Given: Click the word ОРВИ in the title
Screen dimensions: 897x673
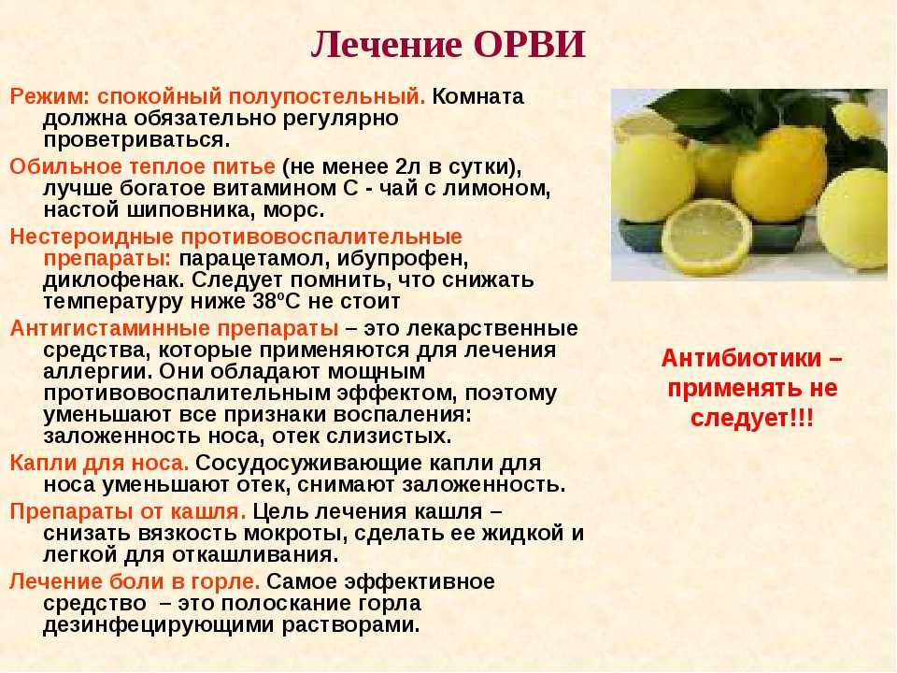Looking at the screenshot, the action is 530,45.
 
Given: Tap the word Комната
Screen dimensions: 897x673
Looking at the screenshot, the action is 477,96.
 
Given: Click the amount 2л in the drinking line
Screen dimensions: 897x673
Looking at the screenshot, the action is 406,166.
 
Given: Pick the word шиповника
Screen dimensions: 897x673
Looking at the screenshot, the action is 191,210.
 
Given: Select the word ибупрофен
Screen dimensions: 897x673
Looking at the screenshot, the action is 402,259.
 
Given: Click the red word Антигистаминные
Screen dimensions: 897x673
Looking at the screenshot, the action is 110,329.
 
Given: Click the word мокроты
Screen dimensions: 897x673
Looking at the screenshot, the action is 295,534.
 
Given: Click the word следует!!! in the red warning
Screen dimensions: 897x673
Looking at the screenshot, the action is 751,419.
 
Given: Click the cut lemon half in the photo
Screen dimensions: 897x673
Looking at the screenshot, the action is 706,236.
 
